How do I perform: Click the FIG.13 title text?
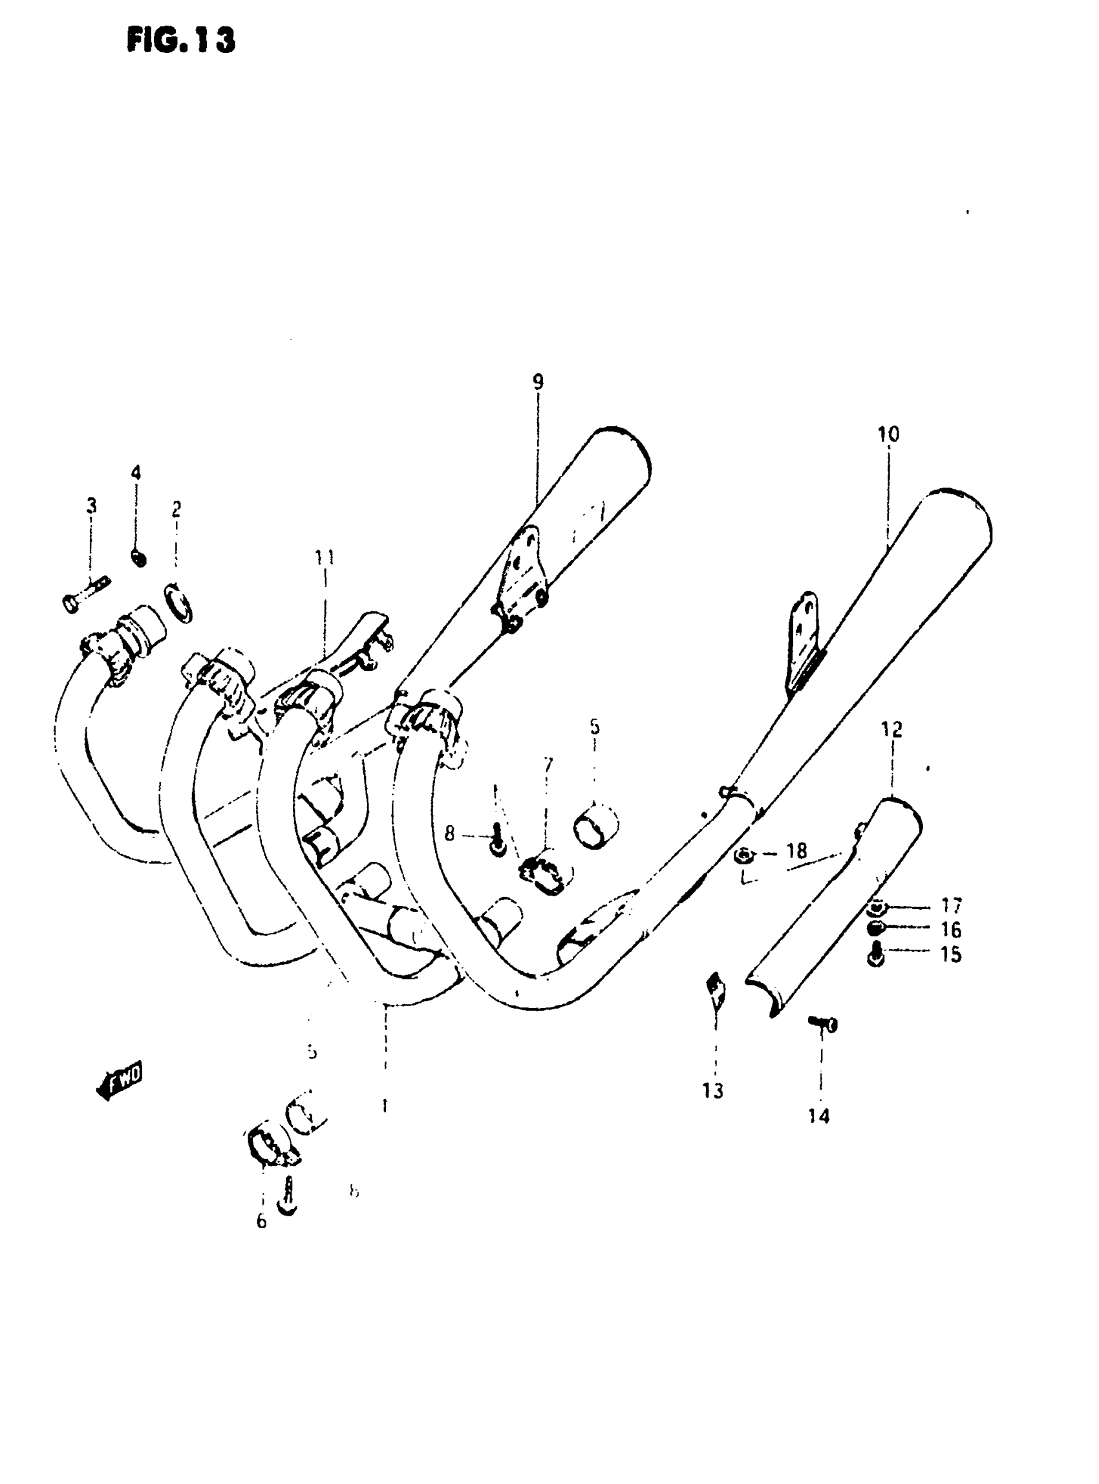[x=181, y=41]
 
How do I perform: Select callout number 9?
[x=537, y=382]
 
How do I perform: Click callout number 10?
[x=888, y=435]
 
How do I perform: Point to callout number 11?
[x=325, y=557]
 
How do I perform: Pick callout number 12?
[x=891, y=730]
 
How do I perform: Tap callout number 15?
[x=952, y=954]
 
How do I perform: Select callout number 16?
[x=952, y=930]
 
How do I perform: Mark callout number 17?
[x=952, y=906]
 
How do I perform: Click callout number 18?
[x=796, y=850]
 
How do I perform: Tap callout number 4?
[x=136, y=473]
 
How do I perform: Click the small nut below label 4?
[x=139, y=557]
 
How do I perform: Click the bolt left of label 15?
[x=876, y=956]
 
